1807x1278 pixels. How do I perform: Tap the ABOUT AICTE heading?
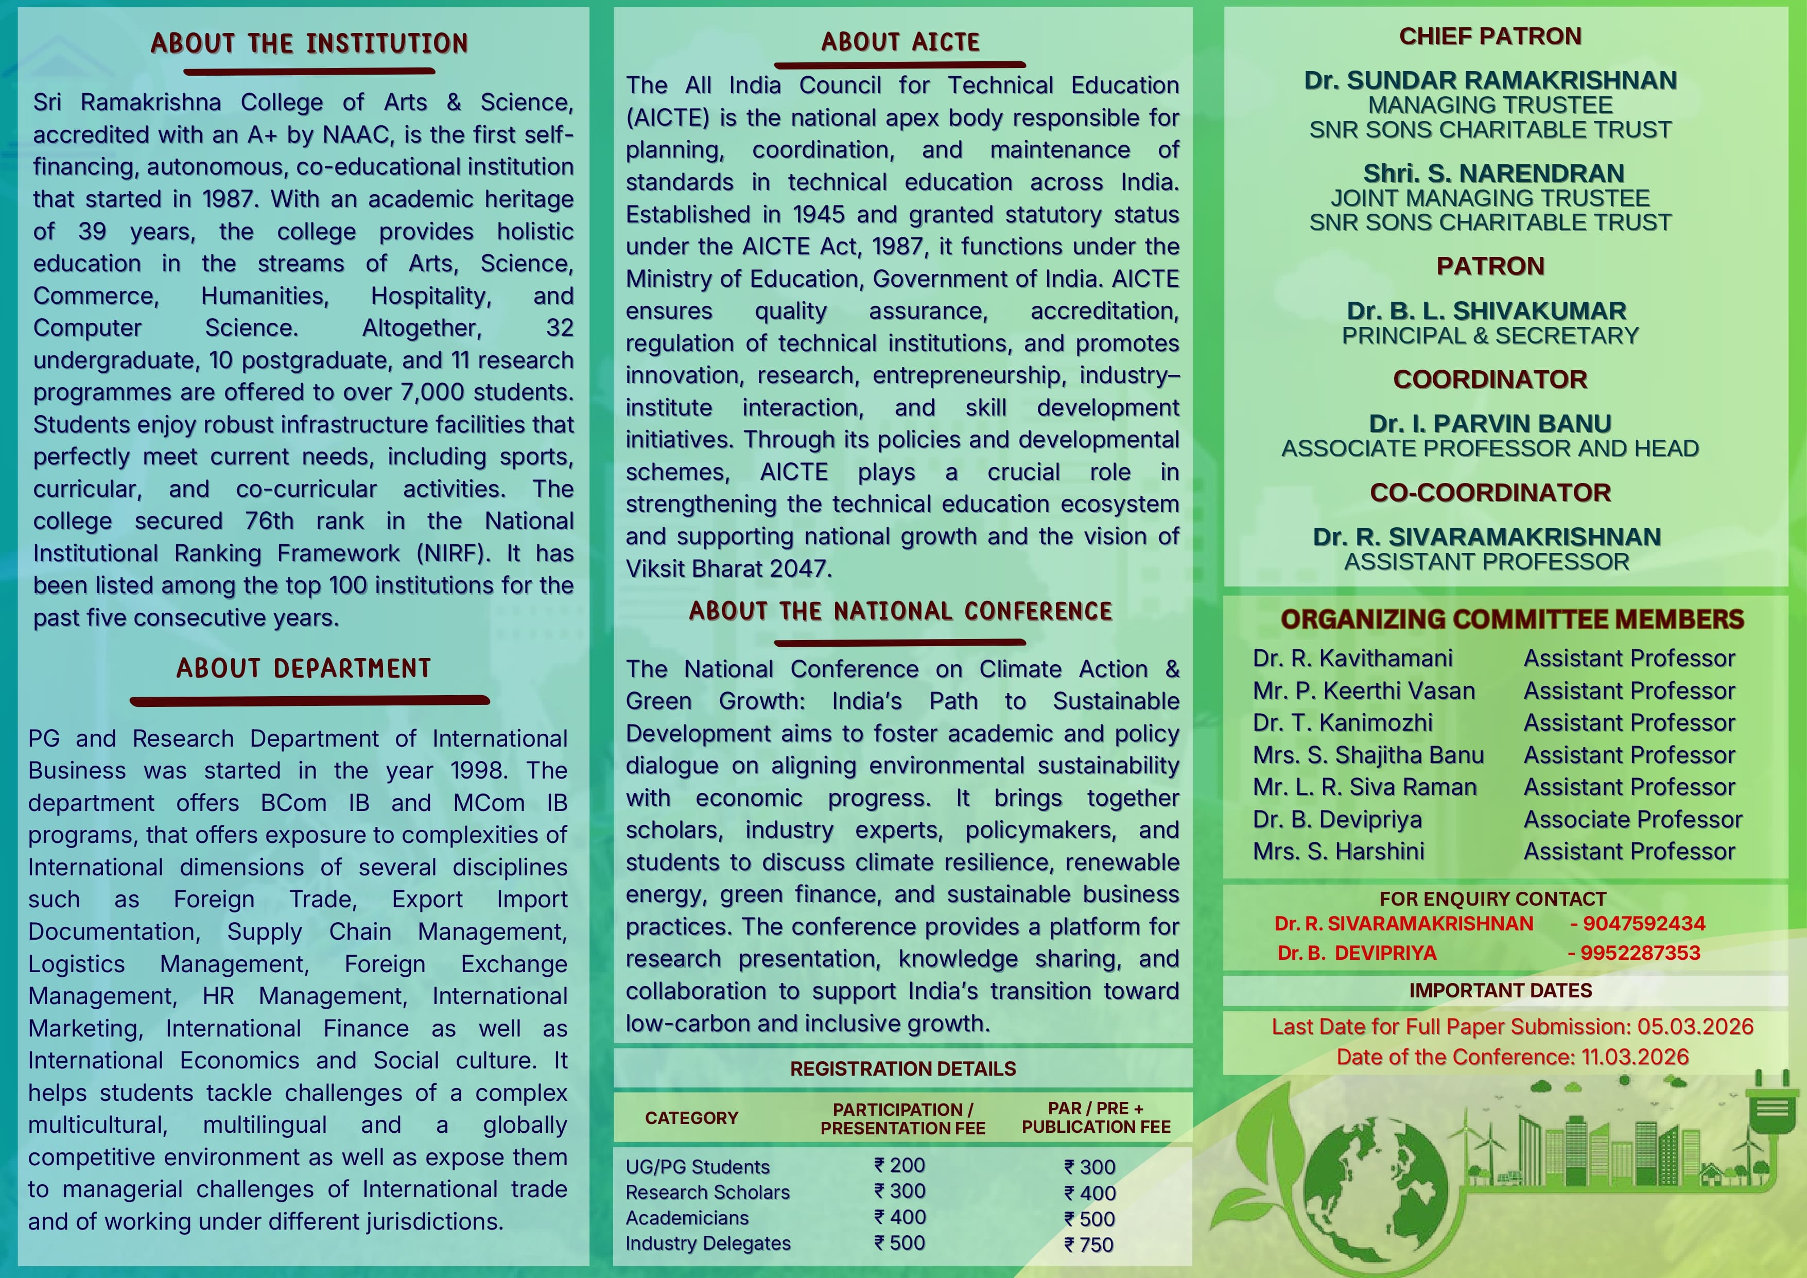pyautogui.click(x=900, y=42)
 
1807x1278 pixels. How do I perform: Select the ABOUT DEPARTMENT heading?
pyautogui.click(x=304, y=668)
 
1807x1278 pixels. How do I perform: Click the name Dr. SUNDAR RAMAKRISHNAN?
pyautogui.click(x=1490, y=80)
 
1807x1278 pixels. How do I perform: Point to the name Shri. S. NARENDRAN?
pyautogui.click(x=1490, y=173)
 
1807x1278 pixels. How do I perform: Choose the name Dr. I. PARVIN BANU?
pyautogui.click(x=1490, y=423)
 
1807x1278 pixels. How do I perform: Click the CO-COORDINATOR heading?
pyautogui.click(x=1490, y=493)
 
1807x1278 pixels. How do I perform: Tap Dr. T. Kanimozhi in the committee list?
pyautogui.click(x=1343, y=722)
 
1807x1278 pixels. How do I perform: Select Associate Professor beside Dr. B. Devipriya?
pyautogui.click(x=1632, y=819)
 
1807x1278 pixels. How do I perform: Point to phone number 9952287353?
pyautogui.click(x=1639, y=953)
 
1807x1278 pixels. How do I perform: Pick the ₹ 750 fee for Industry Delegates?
pyautogui.click(x=1090, y=1244)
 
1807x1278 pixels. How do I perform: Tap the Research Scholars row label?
pyautogui.click(x=707, y=1192)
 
